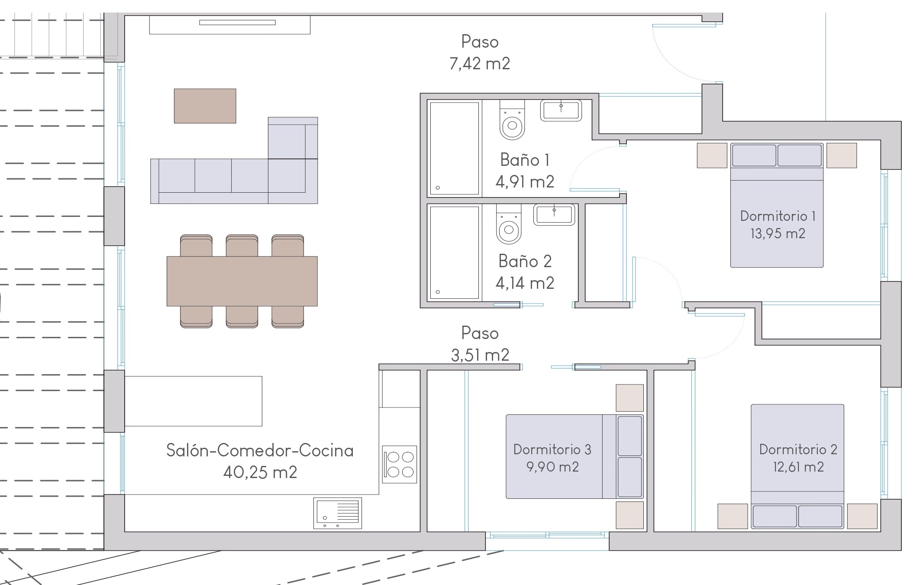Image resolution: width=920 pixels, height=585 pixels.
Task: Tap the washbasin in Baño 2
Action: (x=554, y=215)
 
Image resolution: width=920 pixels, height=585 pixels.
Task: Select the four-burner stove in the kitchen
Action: (x=400, y=465)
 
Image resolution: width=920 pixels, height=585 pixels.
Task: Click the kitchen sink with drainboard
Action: (x=338, y=513)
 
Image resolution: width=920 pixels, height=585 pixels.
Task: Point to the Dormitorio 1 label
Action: (x=778, y=216)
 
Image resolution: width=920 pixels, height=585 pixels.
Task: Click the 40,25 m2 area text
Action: (x=260, y=472)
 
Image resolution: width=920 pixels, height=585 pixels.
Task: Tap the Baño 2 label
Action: (x=525, y=261)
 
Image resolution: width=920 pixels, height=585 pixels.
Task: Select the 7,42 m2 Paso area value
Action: (x=480, y=64)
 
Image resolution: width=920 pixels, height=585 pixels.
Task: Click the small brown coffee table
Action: (x=205, y=106)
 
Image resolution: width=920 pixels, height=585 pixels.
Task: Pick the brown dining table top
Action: (x=242, y=281)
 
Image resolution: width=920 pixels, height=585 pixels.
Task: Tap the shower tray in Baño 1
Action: (x=454, y=148)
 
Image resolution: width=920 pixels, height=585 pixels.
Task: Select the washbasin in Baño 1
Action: (x=561, y=110)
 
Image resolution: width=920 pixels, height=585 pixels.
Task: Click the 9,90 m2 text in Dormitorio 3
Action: (x=552, y=467)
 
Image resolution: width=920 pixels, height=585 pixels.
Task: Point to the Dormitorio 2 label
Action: (x=798, y=449)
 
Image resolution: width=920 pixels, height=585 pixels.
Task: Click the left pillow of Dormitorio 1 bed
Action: (x=754, y=155)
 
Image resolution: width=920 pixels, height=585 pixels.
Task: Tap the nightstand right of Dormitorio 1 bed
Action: (x=842, y=155)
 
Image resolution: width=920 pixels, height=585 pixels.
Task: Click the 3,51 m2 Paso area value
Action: (x=480, y=355)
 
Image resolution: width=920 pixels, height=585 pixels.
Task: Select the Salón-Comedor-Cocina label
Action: (x=260, y=450)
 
